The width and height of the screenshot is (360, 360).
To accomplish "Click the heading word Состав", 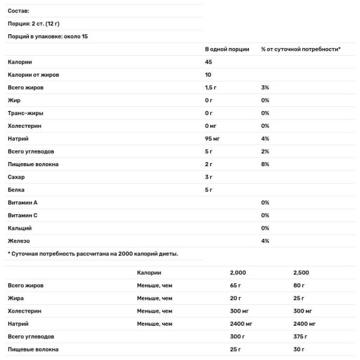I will [19, 11].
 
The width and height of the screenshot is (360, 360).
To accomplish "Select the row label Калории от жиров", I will [33, 75].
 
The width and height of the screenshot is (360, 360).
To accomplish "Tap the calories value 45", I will [209, 62].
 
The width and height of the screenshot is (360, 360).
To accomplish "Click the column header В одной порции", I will [227, 49].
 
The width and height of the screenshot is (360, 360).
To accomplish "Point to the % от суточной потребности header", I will [301, 49].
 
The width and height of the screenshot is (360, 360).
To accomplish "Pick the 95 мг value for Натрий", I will [213, 139].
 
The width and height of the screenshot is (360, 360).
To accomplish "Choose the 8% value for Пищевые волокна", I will [265, 164].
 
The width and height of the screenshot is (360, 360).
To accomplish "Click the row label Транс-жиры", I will [25, 113].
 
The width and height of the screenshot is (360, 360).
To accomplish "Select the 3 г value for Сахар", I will [209, 177].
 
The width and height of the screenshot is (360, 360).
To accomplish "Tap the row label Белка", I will [17, 190].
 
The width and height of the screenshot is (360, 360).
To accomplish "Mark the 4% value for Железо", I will [265, 241].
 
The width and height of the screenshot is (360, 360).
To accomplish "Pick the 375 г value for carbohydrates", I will [298, 336].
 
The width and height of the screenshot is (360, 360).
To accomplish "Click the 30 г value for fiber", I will [296, 349].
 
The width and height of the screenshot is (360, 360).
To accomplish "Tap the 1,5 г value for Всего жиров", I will [211, 88].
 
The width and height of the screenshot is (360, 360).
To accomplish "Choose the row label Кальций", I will [20, 228].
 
